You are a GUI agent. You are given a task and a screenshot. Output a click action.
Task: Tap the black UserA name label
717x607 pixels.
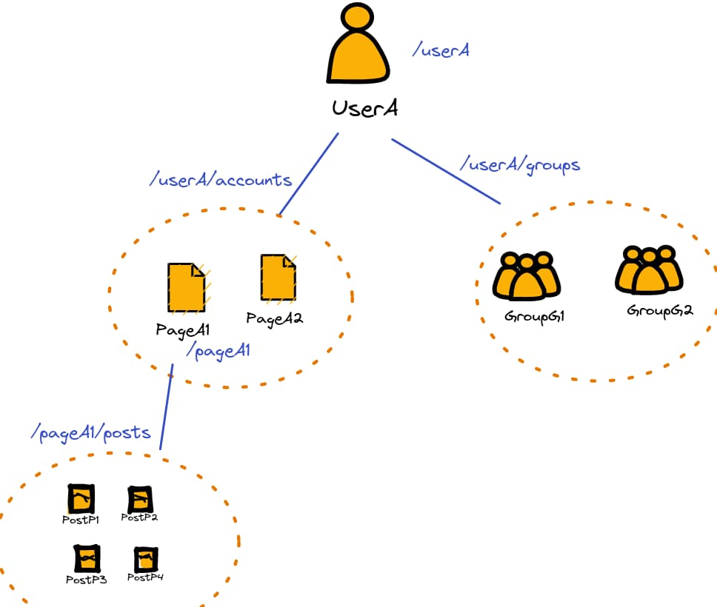pyautogui.click(x=365, y=108)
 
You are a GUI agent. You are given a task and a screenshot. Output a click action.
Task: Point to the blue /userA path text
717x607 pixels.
pyautogui.click(x=441, y=50)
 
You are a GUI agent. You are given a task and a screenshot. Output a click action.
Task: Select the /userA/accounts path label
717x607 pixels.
pyautogui.click(x=221, y=180)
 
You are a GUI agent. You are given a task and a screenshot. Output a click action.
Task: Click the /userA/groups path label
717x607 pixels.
pyautogui.click(x=520, y=164)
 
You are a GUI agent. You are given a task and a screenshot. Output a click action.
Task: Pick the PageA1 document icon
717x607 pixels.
pyautogui.click(x=186, y=287)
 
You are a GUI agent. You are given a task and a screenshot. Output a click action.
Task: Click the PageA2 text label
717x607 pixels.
pyautogui.click(x=275, y=319)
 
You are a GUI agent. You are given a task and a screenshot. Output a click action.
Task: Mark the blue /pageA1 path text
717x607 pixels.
pyautogui.click(x=219, y=351)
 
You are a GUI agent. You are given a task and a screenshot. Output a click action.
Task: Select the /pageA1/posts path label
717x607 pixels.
pyautogui.click(x=91, y=432)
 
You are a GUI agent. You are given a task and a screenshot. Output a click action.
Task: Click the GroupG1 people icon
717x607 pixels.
pyautogui.click(x=527, y=276)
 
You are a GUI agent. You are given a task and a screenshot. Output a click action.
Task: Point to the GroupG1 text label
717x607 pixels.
pyautogui.click(x=535, y=316)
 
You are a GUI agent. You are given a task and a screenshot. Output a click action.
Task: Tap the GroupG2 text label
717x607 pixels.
pyautogui.click(x=659, y=310)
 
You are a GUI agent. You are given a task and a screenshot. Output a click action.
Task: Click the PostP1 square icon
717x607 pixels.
pyautogui.click(x=81, y=500)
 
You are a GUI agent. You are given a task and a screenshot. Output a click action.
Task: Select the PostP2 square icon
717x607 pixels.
pyautogui.click(x=140, y=500)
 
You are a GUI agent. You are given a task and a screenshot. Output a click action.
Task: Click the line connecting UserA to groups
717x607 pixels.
pyautogui.click(x=446, y=171)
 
